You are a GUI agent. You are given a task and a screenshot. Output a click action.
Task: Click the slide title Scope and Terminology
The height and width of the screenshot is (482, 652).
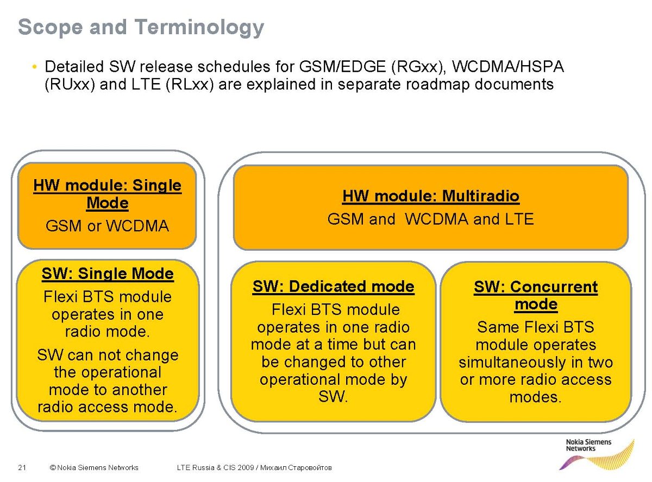pyautogui.click(x=141, y=27)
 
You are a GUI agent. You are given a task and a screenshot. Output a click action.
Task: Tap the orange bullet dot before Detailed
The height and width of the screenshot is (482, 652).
pyautogui.click(x=35, y=67)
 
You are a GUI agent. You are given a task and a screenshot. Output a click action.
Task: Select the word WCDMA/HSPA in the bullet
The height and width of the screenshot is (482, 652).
pyautogui.click(x=507, y=67)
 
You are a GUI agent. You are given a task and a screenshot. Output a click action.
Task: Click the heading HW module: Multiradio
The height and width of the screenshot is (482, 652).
pyautogui.click(x=431, y=196)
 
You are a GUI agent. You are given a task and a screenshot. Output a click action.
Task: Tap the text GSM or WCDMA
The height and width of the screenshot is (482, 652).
pyautogui.click(x=107, y=226)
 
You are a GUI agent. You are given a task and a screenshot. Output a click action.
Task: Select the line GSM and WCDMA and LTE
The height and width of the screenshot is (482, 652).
pyautogui.click(x=431, y=219)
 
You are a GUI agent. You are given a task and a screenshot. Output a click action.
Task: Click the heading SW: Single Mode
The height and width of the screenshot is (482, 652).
pyautogui.click(x=108, y=274)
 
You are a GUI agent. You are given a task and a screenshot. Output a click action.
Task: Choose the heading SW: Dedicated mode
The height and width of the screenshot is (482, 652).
pyautogui.click(x=334, y=287)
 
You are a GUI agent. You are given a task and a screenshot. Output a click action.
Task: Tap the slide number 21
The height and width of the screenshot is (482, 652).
pyautogui.click(x=22, y=467)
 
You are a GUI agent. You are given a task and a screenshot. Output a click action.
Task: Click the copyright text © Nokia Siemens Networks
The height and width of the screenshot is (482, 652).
pyautogui.click(x=94, y=467)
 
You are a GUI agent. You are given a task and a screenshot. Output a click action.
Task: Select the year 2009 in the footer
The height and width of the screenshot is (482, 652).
pyautogui.click(x=246, y=467)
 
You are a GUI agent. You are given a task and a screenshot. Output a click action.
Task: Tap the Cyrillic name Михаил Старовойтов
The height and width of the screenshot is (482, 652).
pyautogui.click(x=296, y=467)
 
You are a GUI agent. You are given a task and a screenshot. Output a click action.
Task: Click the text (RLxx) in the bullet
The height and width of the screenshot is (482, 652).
pyautogui.click(x=190, y=85)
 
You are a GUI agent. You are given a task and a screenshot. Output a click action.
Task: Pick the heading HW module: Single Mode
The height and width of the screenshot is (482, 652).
pyautogui.click(x=107, y=194)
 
